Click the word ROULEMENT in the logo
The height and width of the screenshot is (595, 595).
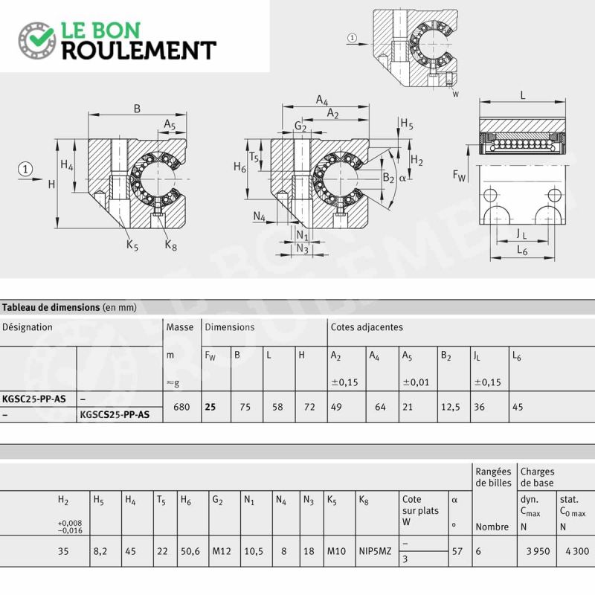tap(139, 51)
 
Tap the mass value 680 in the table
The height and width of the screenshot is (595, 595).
tap(181, 407)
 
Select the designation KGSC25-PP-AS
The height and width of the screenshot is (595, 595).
tap(34, 399)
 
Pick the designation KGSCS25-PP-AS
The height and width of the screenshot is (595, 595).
tap(115, 414)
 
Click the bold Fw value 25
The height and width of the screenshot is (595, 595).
tap(210, 407)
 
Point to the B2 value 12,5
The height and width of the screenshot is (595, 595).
tap(451, 407)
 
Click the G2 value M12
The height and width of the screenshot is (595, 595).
tap(222, 551)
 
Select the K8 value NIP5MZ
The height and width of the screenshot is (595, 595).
tap(375, 551)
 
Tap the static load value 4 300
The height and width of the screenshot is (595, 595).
tap(577, 551)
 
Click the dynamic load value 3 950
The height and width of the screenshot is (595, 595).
tap(538, 551)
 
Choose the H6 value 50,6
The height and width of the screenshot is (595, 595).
tap(190, 551)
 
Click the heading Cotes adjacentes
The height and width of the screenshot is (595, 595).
tap(367, 327)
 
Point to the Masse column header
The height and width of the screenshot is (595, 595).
tap(180, 327)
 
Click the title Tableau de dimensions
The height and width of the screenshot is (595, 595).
tap(51, 307)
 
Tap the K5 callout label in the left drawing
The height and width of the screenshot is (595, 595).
tap(132, 245)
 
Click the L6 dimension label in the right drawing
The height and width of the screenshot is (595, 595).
tap(522, 250)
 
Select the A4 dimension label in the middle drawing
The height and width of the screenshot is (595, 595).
tap(322, 100)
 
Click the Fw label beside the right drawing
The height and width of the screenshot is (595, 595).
tap(459, 176)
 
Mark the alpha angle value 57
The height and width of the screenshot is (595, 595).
tap(457, 551)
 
